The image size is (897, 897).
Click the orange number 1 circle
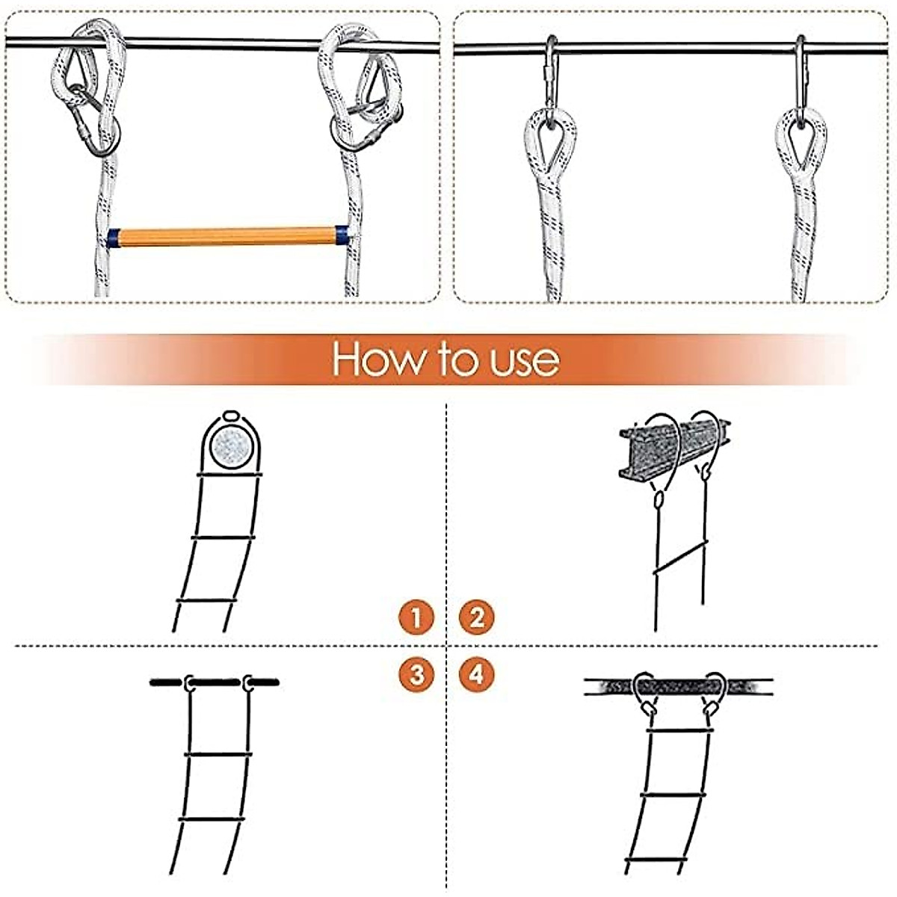pos(416,617)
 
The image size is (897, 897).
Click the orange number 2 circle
pos(477,617)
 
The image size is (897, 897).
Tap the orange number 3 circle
pos(416,674)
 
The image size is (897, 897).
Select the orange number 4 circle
pos(477,674)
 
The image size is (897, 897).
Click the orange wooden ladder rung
pos(227,237)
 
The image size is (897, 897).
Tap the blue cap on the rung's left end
pos(113,238)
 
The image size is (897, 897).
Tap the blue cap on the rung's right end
pos(342,236)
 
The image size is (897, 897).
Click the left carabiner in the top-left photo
pos(86,123)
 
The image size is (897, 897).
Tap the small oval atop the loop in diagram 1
pos(230,415)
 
